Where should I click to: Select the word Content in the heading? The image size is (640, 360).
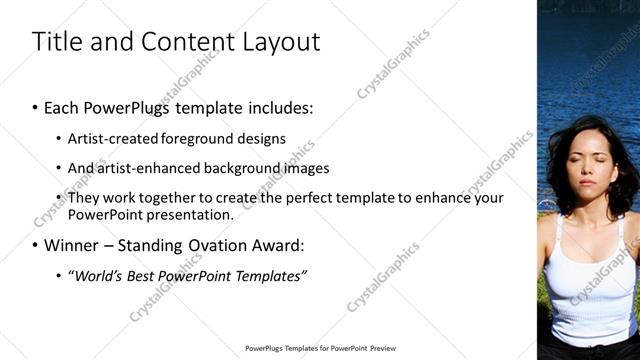(181, 42)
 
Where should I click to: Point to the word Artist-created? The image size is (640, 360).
(110, 139)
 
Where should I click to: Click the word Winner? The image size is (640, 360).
(71, 244)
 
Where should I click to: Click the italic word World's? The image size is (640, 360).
(95, 275)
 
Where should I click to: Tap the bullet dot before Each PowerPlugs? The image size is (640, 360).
(35, 107)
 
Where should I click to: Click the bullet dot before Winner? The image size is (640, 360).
(35, 244)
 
